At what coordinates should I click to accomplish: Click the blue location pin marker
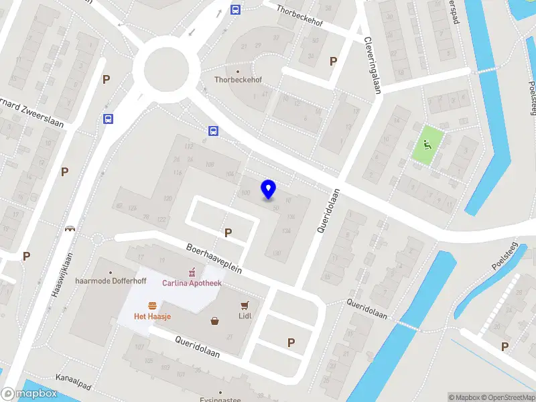[x=269, y=189]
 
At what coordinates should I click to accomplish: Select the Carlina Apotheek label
[x=192, y=283]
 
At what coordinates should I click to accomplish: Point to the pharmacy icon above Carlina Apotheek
[x=192, y=272]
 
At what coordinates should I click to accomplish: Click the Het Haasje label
[x=152, y=316]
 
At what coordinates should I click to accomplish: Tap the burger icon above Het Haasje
[x=152, y=305]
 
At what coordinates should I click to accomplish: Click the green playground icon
[x=427, y=143]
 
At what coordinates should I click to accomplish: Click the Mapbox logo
[x=29, y=394]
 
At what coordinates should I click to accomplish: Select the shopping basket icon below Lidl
[x=214, y=321]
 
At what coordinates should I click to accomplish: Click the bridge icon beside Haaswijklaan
[x=69, y=228]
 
